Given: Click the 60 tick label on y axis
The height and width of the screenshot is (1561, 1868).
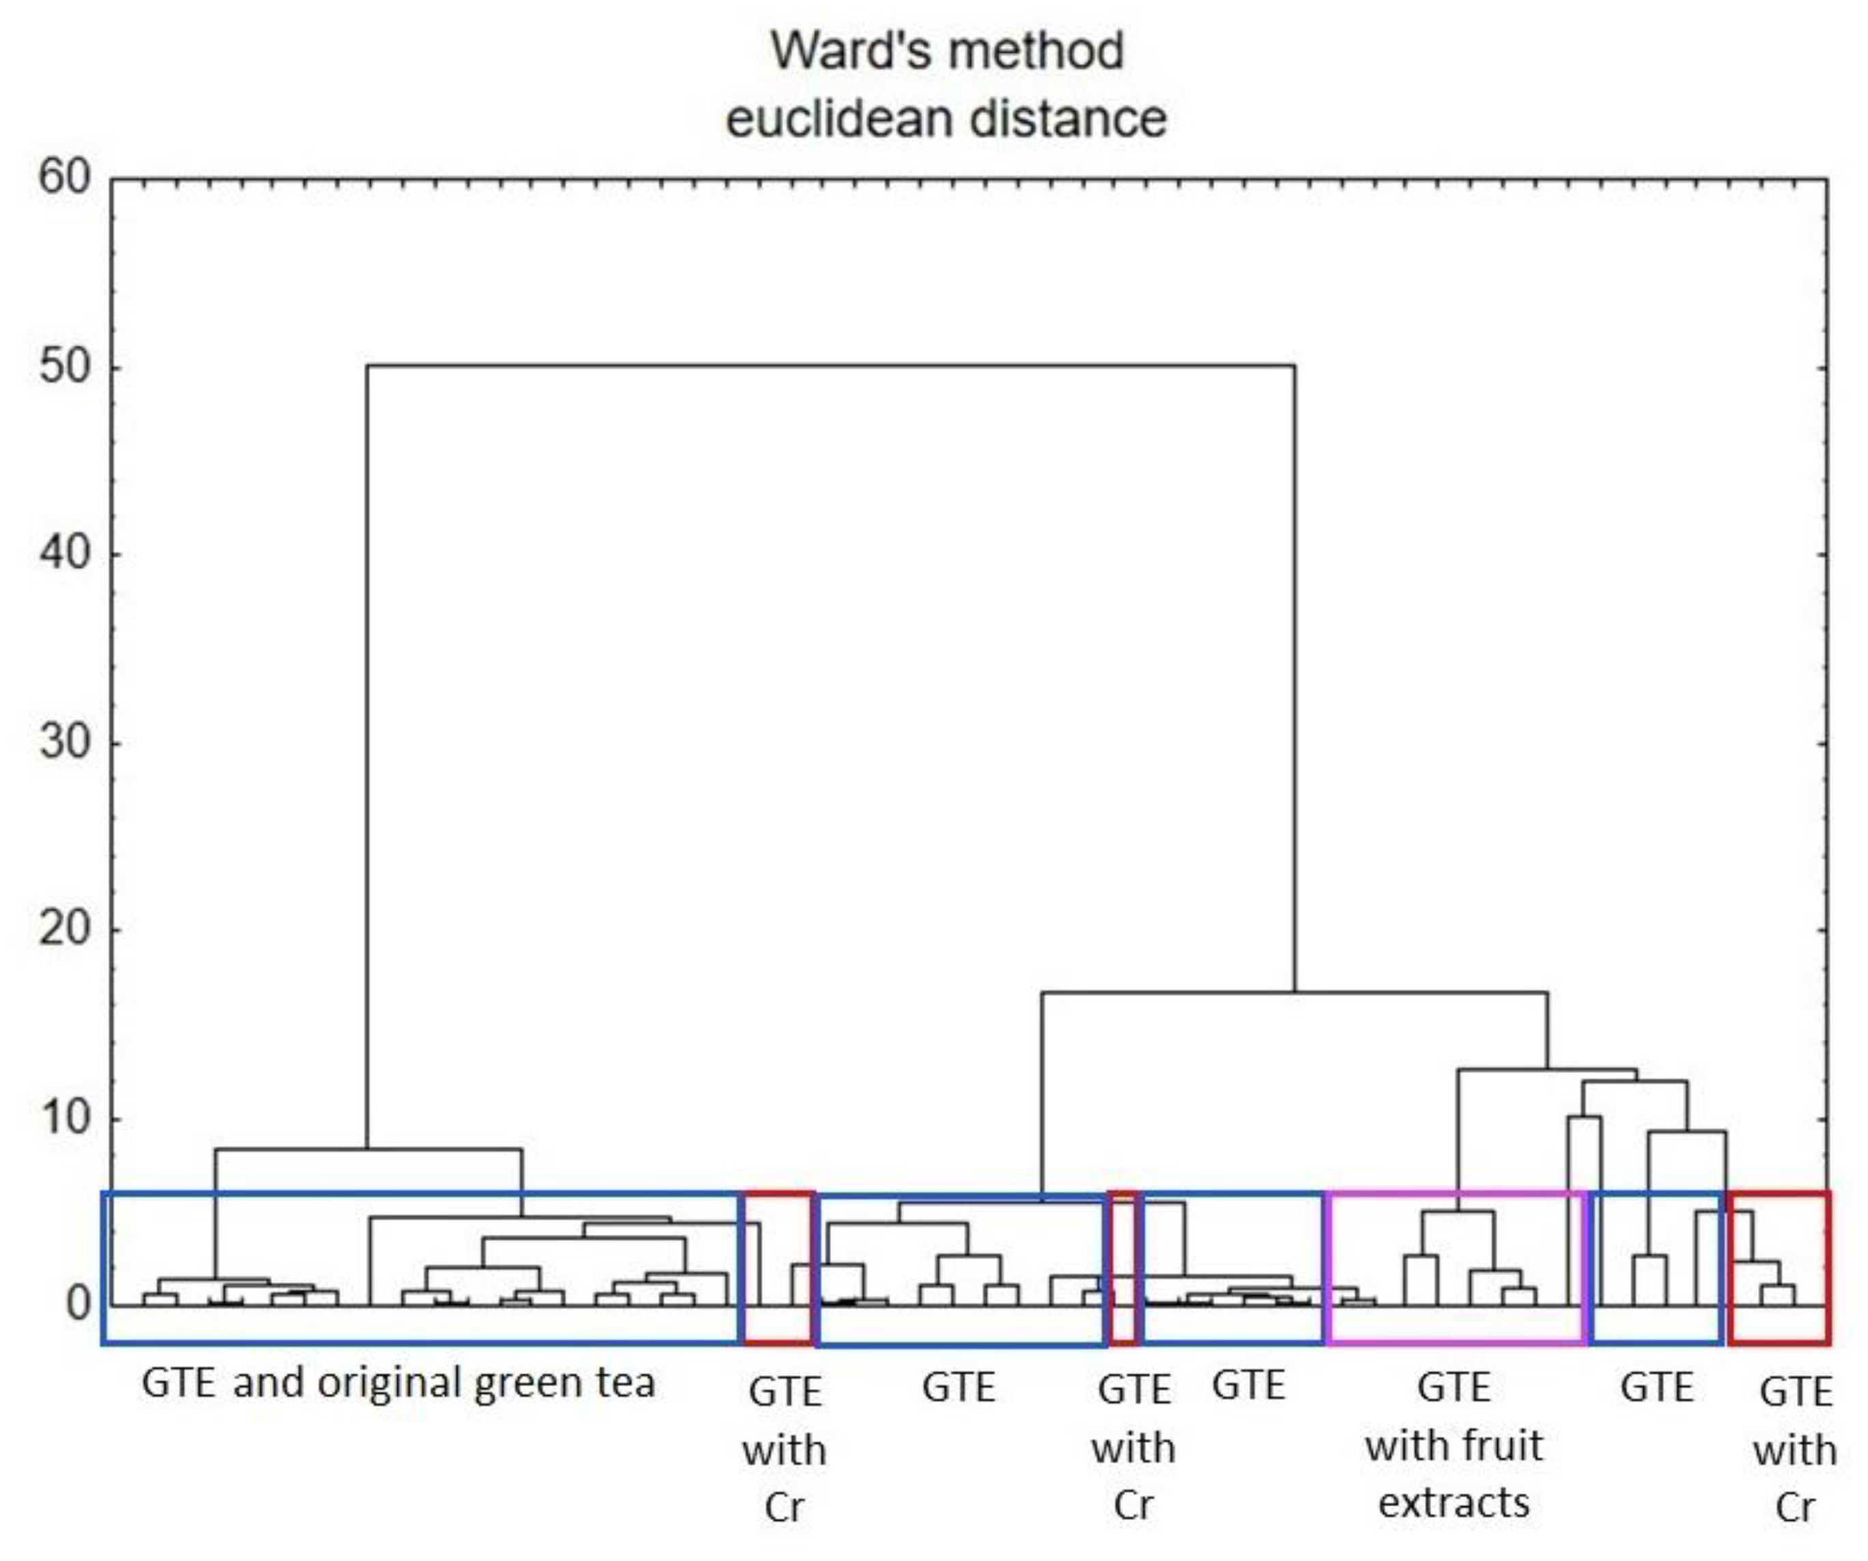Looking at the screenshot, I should [x=65, y=178].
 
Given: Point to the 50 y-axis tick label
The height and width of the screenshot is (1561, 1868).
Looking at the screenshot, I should [x=65, y=367].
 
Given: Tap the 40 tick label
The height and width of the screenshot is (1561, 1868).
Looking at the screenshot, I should [x=65, y=554].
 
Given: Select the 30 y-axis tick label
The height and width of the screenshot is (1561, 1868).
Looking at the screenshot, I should [x=65, y=742].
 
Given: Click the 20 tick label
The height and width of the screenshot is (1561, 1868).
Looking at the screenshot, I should [x=65, y=930].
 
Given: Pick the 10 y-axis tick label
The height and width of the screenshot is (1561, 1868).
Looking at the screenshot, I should [x=65, y=1118].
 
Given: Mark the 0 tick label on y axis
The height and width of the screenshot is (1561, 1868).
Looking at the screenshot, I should [x=79, y=1305].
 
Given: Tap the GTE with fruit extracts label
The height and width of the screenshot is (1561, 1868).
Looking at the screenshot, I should [x=1454, y=1446].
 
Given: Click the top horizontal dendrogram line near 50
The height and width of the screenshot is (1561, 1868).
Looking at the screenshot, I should [x=831, y=366].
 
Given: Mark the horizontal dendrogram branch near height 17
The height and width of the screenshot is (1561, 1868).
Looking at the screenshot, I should [x=1294, y=992].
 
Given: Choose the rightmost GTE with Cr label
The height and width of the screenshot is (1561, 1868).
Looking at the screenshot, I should [x=1795, y=1450].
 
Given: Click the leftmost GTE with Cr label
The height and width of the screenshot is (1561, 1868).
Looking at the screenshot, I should [x=784, y=1450].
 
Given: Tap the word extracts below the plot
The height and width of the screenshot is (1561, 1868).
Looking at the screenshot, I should [x=1454, y=1503].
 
